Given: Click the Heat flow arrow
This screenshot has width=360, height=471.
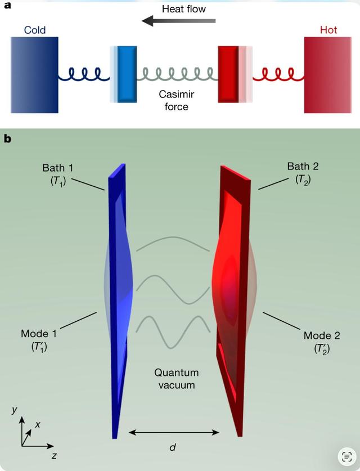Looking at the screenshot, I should click(x=178, y=21).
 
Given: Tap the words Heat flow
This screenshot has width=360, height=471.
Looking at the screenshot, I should click(x=183, y=8).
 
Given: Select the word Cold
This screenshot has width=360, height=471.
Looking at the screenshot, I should click(x=35, y=29).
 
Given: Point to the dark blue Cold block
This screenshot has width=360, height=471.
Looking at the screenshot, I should click(x=34, y=75).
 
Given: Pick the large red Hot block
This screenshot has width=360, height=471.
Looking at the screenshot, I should click(x=326, y=75).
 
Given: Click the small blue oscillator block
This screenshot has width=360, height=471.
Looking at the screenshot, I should click(x=127, y=74).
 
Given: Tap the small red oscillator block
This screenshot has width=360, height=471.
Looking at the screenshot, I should click(x=228, y=74).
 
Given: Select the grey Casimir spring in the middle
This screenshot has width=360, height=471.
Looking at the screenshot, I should click(x=178, y=74).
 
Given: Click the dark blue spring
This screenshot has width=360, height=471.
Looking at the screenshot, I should click(x=85, y=74).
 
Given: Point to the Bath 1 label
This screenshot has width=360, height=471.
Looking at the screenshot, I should click(x=58, y=173).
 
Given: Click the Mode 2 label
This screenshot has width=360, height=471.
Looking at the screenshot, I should click(x=322, y=342).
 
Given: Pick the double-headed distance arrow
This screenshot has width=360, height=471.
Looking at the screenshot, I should click(x=174, y=432).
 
